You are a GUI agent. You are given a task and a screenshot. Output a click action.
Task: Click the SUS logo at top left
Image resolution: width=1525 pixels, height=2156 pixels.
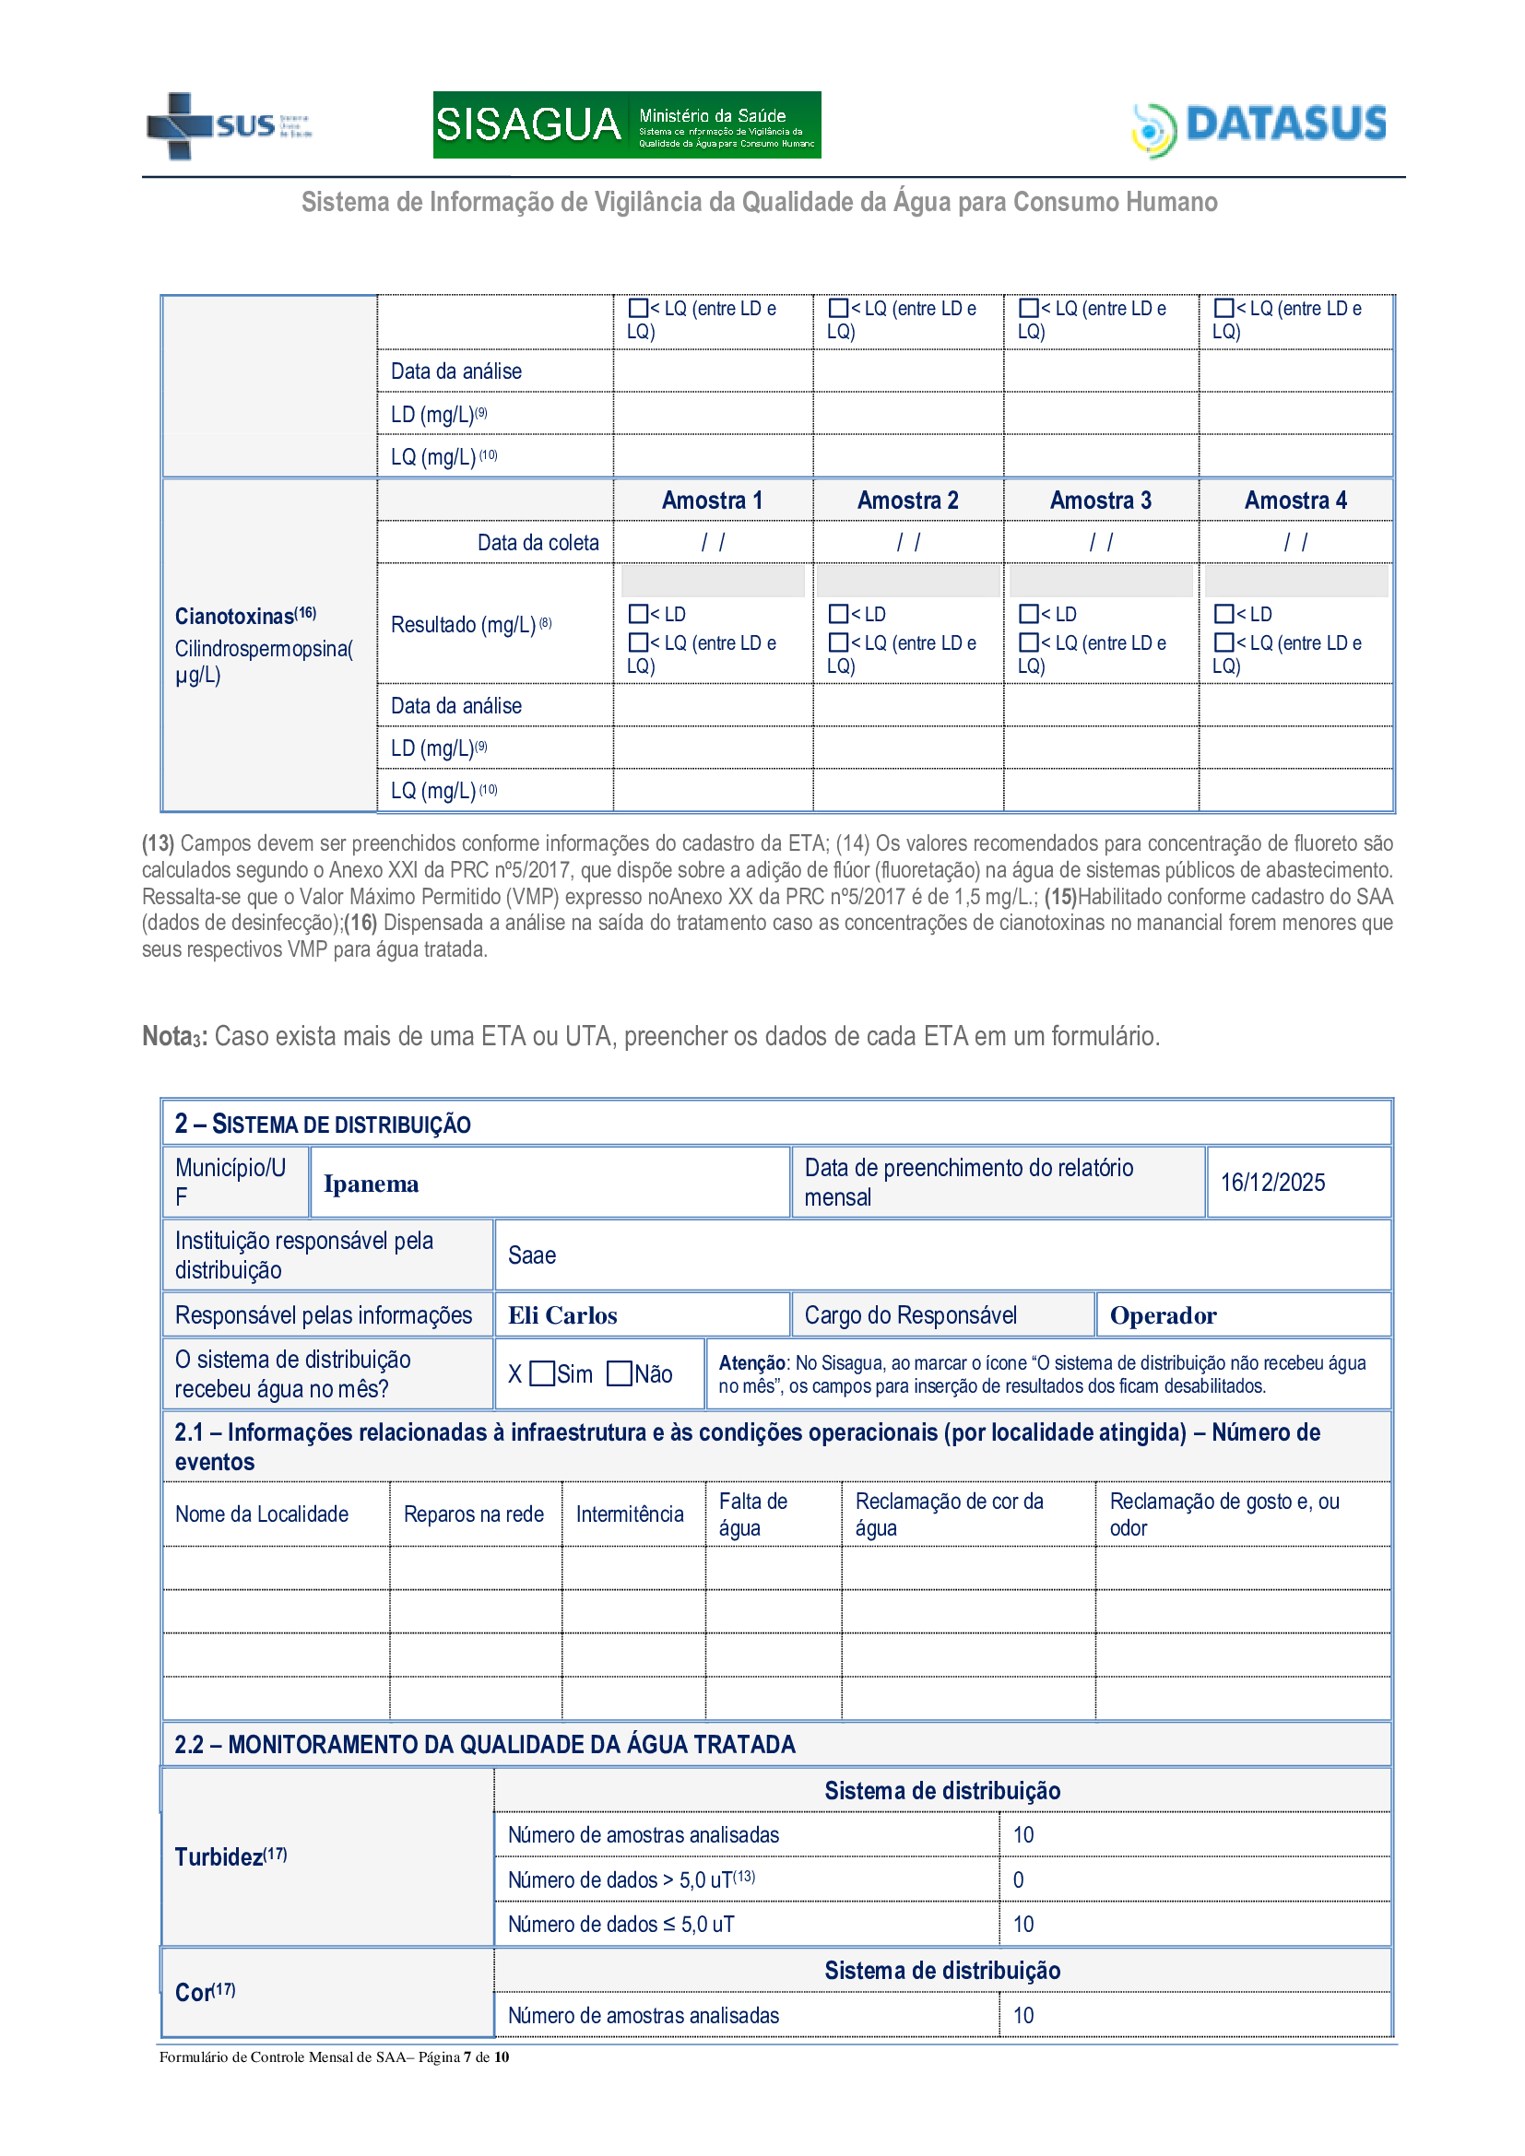click(x=228, y=124)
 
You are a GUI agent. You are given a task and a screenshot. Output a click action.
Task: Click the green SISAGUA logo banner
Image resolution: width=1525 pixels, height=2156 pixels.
click(x=626, y=124)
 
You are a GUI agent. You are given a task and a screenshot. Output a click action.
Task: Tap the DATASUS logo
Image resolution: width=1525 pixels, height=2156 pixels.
click(x=1259, y=127)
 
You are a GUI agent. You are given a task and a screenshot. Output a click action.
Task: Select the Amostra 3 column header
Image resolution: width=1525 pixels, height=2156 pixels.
click(x=1100, y=501)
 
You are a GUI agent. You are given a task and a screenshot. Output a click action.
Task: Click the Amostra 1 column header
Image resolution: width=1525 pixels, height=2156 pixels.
click(x=712, y=501)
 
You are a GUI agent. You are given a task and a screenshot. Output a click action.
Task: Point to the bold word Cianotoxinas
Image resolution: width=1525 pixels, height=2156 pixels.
click(x=235, y=617)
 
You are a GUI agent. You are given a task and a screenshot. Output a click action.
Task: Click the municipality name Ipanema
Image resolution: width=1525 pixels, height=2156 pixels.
click(x=371, y=1184)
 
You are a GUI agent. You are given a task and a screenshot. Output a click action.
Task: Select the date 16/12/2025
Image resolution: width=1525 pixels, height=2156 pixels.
click(x=1272, y=1184)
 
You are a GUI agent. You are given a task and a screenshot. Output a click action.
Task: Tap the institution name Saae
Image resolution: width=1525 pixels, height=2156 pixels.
click(x=531, y=1256)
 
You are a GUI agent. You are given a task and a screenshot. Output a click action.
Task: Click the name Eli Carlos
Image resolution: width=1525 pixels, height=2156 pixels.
click(x=562, y=1315)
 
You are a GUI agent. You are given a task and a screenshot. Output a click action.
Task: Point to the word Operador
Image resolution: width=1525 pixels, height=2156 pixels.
click(x=1163, y=1315)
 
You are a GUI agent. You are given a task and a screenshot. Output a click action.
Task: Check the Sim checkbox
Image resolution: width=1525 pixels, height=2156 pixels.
click(x=543, y=1373)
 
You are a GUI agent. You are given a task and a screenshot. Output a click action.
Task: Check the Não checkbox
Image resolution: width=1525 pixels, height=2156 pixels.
click(x=619, y=1373)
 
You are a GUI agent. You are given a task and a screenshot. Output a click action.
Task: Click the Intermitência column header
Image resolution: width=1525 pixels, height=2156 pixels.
click(x=629, y=1514)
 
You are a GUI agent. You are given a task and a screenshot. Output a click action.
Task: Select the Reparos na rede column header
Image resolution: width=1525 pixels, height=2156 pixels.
click(x=473, y=1514)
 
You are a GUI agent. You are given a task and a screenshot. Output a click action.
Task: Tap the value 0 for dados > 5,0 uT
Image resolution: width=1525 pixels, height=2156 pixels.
click(x=1018, y=1879)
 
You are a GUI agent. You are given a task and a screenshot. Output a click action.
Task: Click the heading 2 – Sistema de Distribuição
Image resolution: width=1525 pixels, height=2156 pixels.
click(x=322, y=1124)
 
